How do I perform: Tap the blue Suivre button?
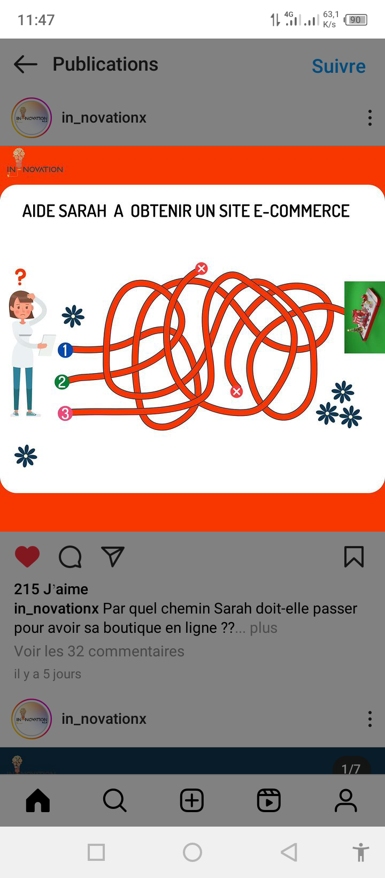[338, 66]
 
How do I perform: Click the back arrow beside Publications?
[26, 64]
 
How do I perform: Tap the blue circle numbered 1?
[65, 350]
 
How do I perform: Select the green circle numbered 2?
[62, 382]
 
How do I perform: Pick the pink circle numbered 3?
[65, 413]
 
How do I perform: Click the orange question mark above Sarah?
[20, 277]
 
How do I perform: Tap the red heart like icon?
[27, 557]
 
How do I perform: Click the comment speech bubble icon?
[70, 557]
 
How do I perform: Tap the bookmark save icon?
[354, 557]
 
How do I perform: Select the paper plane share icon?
[113, 556]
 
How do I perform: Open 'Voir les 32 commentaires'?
[99, 651]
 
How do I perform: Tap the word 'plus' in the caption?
[264, 627]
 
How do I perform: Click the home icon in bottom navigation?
[38, 800]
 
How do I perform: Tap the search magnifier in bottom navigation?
[115, 800]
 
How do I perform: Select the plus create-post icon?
[192, 800]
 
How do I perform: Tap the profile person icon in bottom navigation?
[346, 800]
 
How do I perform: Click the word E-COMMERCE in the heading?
[302, 211]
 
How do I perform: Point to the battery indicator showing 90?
[356, 20]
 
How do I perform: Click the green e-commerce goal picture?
[364, 317]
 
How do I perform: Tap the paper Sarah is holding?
[48, 345]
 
